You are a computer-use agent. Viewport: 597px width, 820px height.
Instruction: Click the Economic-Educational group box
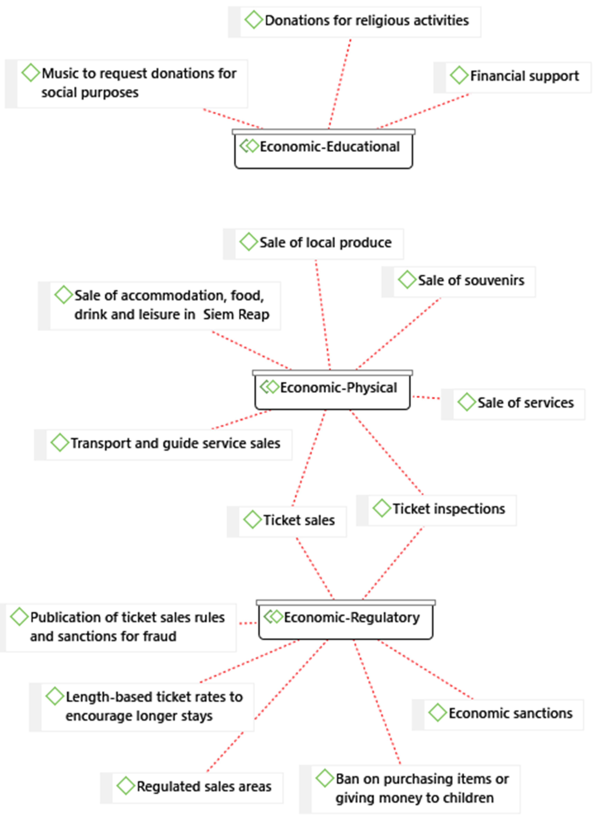click(x=323, y=149)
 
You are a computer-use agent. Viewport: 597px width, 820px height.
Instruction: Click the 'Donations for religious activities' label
click(x=366, y=21)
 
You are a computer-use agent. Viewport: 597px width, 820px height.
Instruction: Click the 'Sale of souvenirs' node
click(x=471, y=281)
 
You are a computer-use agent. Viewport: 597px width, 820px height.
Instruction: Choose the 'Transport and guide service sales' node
click(x=175, y=444)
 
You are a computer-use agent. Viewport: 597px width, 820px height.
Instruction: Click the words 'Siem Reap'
click(x=236, y=315)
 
